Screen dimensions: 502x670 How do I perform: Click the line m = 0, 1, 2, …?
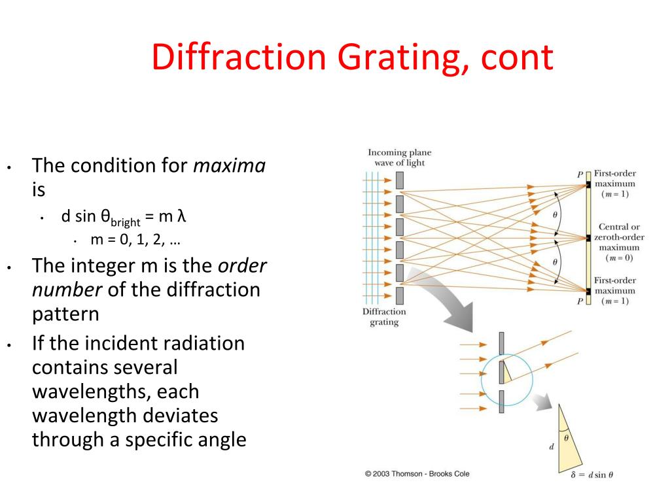[135, 240]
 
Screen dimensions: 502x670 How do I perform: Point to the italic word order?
[243, 266]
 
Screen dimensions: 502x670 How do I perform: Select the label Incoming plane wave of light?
[399, 158]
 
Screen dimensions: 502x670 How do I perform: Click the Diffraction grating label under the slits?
[384, 317]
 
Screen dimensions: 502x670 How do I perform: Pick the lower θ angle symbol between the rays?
[555, 261]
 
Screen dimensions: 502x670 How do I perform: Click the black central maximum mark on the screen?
[588, 238]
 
